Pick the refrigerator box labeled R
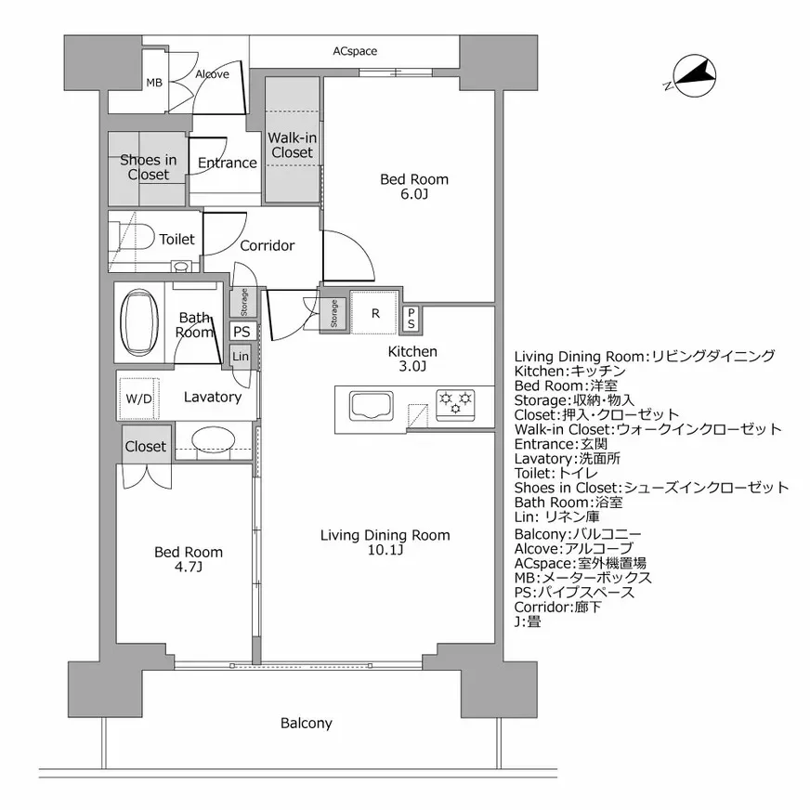(x=375, y=313)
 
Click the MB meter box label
(x=153, y=83)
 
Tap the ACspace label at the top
(x=355, y=51)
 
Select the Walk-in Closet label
(x=292, y=145)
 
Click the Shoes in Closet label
(x=149, y=167)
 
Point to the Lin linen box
(x=241, y=357)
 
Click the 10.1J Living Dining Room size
(x=385, y=551)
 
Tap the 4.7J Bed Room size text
(x=188, y=568)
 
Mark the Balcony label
(x=306, y=723)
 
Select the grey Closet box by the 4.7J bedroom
(x=145, y=447)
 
